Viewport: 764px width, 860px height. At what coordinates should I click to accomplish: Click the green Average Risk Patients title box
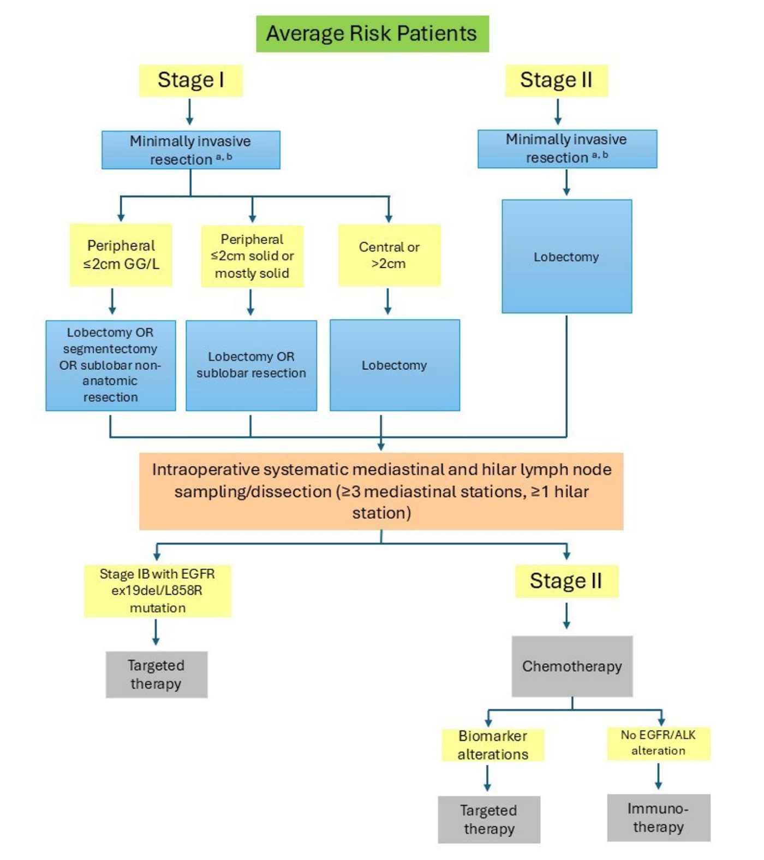pos(372,34)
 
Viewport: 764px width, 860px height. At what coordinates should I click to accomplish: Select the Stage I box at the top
pos(190,80)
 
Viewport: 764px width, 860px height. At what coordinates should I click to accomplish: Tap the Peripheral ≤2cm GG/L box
pos(121,254)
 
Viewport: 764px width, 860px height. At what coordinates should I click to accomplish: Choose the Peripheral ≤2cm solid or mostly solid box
pos(252,256)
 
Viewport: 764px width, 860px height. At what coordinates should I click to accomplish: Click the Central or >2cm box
pos(389,255)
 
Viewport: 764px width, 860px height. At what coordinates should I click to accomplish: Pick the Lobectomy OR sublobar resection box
pos(251,365)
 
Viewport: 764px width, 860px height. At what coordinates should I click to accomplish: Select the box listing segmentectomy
pos(111,365)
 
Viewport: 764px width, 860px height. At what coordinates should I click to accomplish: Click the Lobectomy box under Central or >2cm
pos(395,365)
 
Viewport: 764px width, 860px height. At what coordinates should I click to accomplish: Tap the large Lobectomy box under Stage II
pos(566,256)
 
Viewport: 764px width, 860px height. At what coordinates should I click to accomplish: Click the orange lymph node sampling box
pos(381,491)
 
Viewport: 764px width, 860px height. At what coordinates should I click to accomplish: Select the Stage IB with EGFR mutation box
pos(157,591)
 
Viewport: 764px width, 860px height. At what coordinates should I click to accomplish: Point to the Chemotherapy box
pos(572,666)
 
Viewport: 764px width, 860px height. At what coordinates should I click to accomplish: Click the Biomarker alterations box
pos(493,745)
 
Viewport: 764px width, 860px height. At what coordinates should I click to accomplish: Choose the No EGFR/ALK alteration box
pos(658,743)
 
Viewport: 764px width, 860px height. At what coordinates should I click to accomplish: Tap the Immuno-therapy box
pos(658,817)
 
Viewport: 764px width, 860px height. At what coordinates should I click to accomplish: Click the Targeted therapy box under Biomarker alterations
pos(489,820)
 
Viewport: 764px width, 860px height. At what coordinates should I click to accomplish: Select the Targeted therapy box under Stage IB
pos(156,674)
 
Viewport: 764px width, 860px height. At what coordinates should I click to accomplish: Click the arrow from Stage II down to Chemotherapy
pos(566,616)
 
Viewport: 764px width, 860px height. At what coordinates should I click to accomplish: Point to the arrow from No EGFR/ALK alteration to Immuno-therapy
pos(658,776)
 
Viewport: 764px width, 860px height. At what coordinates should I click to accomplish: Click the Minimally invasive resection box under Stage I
pos(190,150)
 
